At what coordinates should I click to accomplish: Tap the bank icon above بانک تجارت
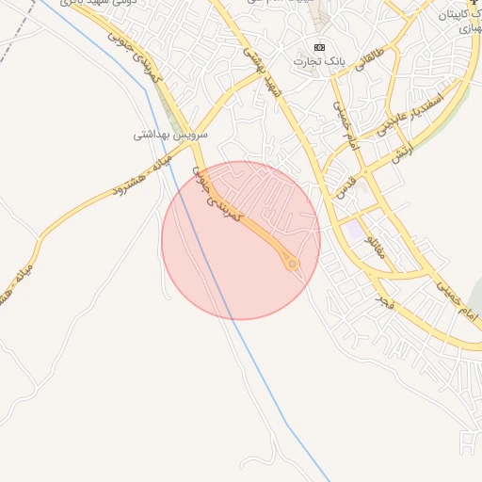point(319,47)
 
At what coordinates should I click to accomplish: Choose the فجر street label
point(382,303)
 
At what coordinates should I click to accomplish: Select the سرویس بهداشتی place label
point(169,135)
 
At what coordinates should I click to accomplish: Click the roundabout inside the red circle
point(293,265)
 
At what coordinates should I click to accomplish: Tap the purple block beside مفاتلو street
point(353,229)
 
